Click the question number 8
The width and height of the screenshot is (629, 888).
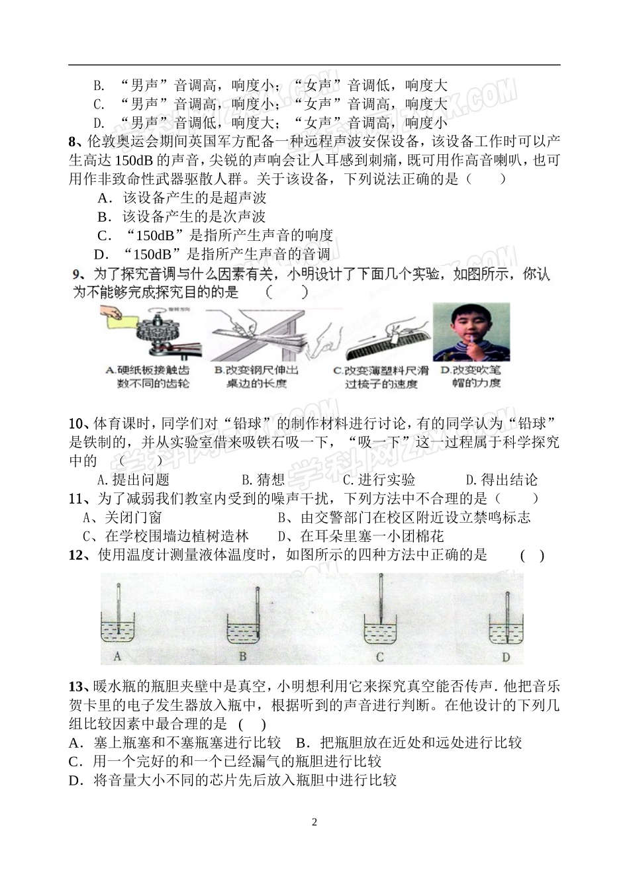[73, 141]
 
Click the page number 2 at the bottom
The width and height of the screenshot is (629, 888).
[314, 822]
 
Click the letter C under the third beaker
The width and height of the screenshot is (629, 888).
[380, 657]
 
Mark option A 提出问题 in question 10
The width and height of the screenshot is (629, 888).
[133, 480]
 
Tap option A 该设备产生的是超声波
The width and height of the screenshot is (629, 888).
[181, 198]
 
